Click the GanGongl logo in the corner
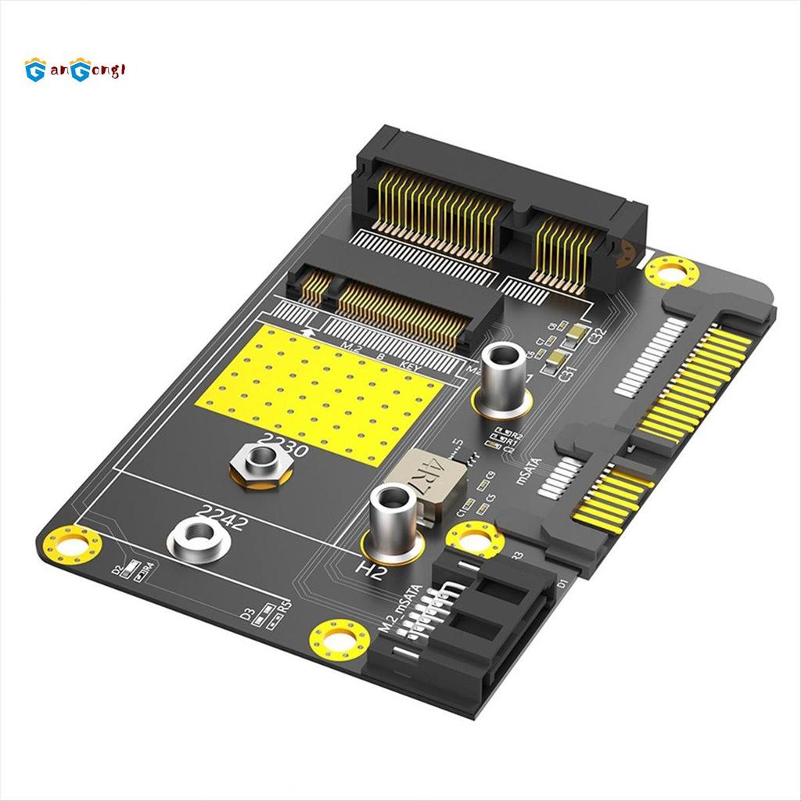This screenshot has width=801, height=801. (75, 71)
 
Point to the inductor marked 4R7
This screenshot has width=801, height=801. (426, 478)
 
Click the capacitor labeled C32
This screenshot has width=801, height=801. (577, 334)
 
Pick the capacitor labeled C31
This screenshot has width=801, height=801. (555, 359)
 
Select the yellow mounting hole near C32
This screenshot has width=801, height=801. (672, 272)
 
